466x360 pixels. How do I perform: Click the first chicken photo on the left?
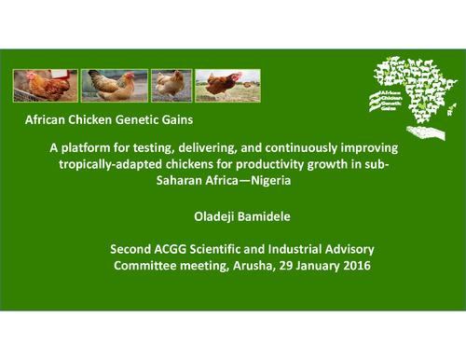[45, 86]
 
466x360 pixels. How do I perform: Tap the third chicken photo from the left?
[171, 86]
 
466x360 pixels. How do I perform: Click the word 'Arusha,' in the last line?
[247, 267]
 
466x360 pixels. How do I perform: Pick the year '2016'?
[350, 267]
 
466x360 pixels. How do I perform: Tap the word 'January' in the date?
[308, 267]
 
